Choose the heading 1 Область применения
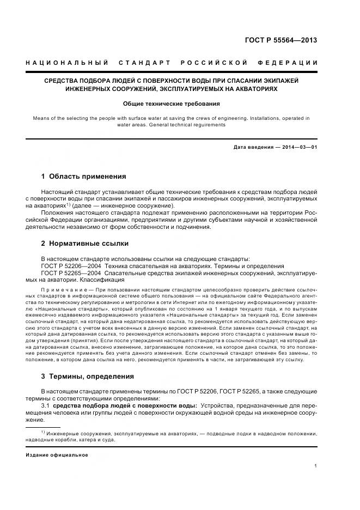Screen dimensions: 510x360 (x=83, y=177)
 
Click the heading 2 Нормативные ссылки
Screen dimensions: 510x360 (x=85, y=244)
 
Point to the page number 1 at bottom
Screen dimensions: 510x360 (x=316, y=466)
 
